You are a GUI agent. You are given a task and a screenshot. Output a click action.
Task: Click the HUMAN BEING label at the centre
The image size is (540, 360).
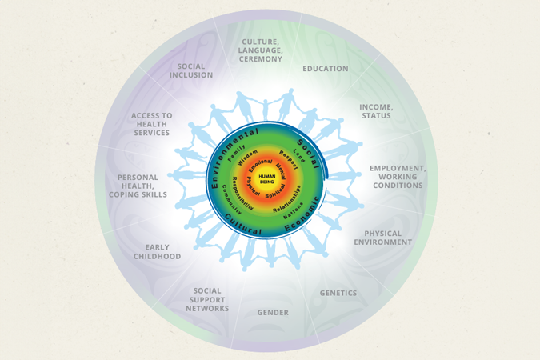(x=267, y=179)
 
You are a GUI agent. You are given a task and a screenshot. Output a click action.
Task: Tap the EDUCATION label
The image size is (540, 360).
(x=325, y=69)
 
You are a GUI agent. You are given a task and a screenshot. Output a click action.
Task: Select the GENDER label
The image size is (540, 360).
(x=273, y=312)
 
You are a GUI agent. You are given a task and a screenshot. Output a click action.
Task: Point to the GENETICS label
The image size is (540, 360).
(x=338, y=293)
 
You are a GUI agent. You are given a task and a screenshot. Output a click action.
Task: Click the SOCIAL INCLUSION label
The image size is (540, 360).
(x=191, y=70)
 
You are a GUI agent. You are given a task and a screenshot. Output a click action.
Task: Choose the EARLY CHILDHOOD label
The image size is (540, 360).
(x=158, y=252)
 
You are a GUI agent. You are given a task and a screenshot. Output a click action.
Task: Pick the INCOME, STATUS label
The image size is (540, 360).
(x=375, y=111)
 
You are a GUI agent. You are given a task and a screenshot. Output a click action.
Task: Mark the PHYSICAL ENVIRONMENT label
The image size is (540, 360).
(x=383, y=238)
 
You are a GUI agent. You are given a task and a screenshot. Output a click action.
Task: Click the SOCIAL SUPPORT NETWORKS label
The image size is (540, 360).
(x=207, y=300)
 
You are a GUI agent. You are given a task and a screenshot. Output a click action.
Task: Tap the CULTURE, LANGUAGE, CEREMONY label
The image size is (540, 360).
(x=260, y=50)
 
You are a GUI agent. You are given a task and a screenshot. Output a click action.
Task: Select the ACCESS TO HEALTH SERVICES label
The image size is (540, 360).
(x=152, y=124)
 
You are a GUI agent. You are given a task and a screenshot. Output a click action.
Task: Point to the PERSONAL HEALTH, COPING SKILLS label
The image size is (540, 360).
(x=138, y=186)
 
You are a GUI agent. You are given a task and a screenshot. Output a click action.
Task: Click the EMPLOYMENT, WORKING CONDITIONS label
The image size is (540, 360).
(x=398, y=177)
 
